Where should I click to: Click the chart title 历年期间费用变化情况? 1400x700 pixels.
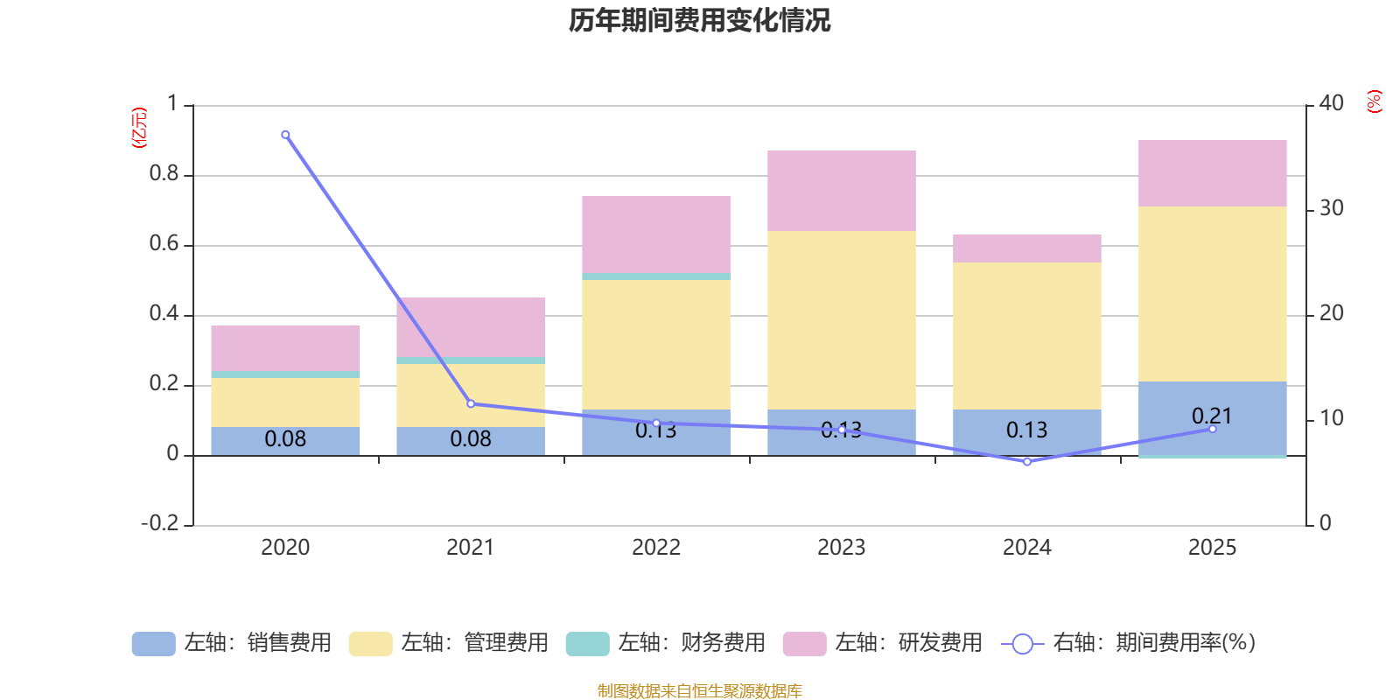[x=699, y=20]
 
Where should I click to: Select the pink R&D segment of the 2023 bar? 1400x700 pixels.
[x=842, y=191]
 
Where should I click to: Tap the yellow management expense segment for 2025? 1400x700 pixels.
[x=1212, y=294]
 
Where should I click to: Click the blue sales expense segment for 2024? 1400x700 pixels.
[x=1026, y=430]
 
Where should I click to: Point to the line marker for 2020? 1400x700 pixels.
[x=285, y=135]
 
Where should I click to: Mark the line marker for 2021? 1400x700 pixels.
[x=471, y=403]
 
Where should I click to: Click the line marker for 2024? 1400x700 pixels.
[x=1027, y=461]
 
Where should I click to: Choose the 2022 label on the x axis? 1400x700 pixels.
[x=656, y=548]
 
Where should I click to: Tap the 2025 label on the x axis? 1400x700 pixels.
[x=1212, y=548]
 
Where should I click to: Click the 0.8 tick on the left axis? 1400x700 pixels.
[x=164, y=174]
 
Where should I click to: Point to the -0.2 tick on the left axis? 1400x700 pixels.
[x=159, y=523]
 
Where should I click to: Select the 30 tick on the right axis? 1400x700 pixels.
[x=1331, y=209]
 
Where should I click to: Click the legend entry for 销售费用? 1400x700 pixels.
[x=232, y=643]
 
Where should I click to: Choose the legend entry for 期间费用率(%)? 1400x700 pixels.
[x=1129, y=643]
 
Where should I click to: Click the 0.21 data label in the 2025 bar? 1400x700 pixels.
[x=1212, y=416]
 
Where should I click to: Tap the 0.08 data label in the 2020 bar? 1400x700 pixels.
[x=285, y=439]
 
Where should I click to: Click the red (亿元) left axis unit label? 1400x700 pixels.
[x=139, y=128]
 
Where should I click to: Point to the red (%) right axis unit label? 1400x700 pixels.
[x=1374, y=101]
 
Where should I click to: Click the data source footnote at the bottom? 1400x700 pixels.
[x=699, y=691]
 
